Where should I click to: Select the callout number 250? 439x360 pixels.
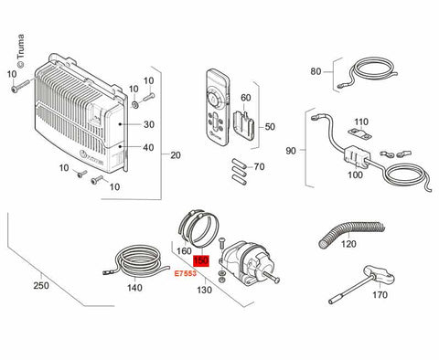tap(40, 286)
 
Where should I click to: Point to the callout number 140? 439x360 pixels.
tap(134, 288)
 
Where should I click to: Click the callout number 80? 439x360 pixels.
tap(316, 70)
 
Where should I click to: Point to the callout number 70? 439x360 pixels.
tap(259, 167)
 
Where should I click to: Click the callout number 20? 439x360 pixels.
tap(176, 155)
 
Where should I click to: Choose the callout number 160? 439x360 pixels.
tap(183, 250)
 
